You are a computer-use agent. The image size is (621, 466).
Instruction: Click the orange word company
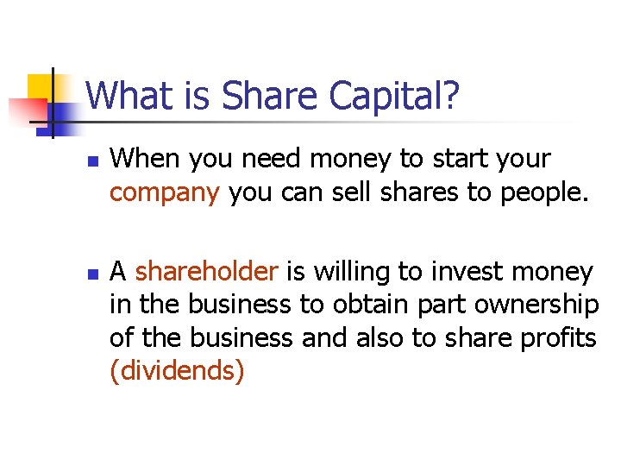(165, 193)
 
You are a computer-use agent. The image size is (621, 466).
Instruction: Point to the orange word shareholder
(207, 272)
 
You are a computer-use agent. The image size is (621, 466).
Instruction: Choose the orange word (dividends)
(177, 371)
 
